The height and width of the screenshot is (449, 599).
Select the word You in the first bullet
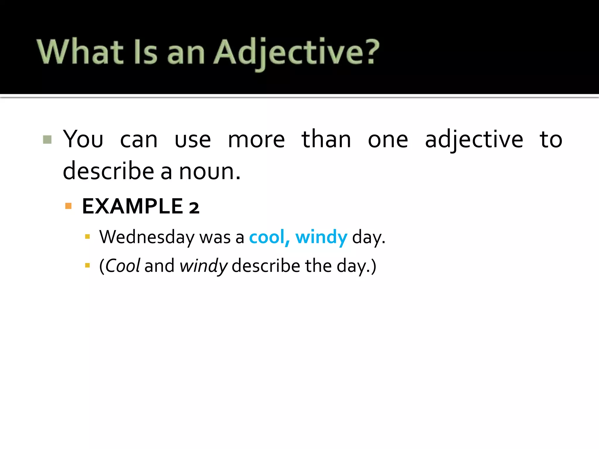click(83, 139)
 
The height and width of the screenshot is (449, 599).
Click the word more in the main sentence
click(256, 140)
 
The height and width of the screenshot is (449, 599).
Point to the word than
click(326, 139)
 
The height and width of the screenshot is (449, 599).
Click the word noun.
click(209, 171)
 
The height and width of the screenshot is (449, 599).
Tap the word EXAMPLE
click(133, 206)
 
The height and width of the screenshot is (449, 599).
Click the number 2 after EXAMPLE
click(194, 208)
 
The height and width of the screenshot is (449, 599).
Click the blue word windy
click(321, 237)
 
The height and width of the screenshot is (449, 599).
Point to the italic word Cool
click(123, 266)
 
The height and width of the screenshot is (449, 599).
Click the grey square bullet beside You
click(47, 139)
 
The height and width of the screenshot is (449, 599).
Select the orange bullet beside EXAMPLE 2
click(68, 206)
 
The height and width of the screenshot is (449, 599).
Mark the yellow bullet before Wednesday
click(87, 236)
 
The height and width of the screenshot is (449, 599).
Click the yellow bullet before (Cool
click(87, 265)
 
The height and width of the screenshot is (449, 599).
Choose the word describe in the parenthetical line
click(266, 266)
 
